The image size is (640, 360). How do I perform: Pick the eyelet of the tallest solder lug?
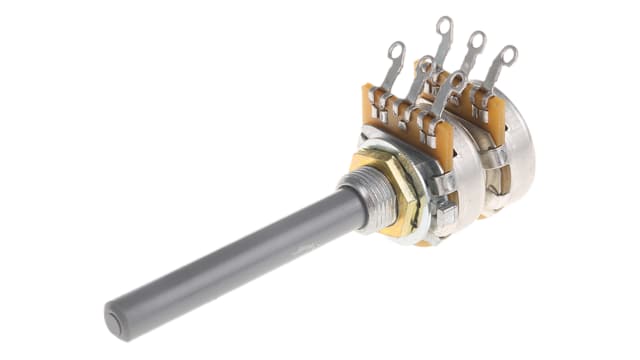click(443, 26)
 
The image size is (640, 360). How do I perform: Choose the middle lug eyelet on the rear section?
click(475, 41)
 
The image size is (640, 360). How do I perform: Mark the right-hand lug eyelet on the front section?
click(456, 80)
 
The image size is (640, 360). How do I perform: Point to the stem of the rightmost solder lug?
click(497, 75)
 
